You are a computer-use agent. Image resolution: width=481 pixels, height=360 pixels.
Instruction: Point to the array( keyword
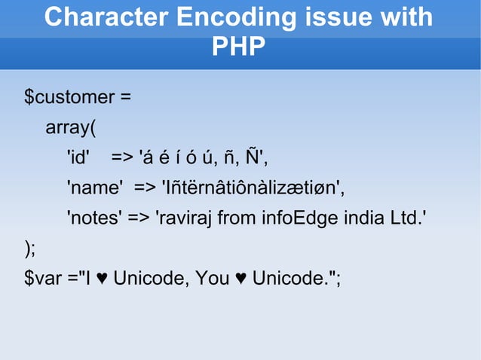pyautogui.click(x=71, y=127)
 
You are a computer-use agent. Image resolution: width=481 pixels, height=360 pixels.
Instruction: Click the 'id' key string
pyautogui.click(x=78, y=157)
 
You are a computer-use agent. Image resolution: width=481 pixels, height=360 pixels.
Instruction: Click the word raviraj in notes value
pyautogui.click(x=186, y=218)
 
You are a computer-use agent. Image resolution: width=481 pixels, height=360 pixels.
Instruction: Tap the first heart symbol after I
pyautogui.click(x=102, y=279)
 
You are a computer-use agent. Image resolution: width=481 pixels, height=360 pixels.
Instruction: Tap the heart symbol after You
pyautogui.click(x=240, y=279)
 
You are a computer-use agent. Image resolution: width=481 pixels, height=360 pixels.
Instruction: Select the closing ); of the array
pyautogui.click(x=29, y=248)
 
